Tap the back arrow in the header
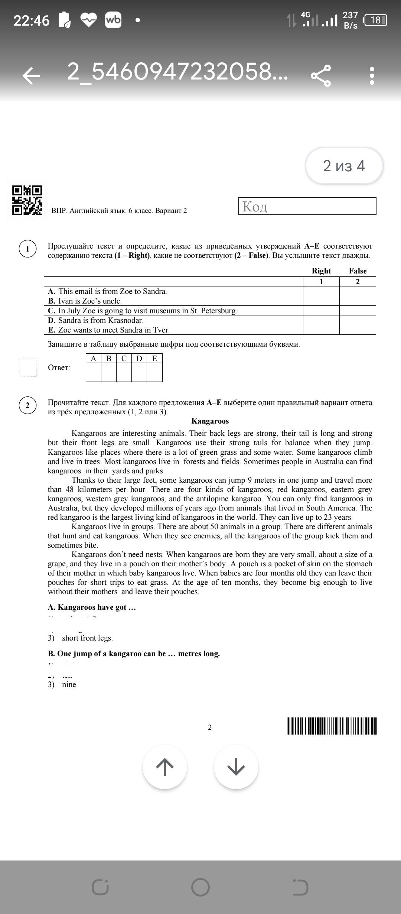[31, 76]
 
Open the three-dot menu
[372, 76]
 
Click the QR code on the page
[27, 200]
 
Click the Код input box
[307, 206]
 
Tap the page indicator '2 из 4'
[344, 166]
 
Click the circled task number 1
[27, 249]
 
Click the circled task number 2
[27, 405]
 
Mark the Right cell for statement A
[321, 291]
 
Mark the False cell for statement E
[358, 330]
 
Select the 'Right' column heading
[321, 271]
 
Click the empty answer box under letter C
[124, 372]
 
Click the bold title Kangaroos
[210, 421]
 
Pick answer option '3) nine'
[62, 684]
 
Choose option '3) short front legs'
[80, 638]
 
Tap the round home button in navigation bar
[200, 888]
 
